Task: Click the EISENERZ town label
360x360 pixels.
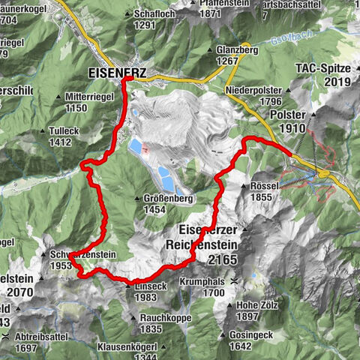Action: (x=116, y=73)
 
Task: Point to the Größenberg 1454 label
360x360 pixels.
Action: (x=167, y=204)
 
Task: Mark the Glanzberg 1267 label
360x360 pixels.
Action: (x=236, y=55)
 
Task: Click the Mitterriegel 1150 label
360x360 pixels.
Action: (x=88, y=103)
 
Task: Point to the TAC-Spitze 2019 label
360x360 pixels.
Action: (x=322, y=75)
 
